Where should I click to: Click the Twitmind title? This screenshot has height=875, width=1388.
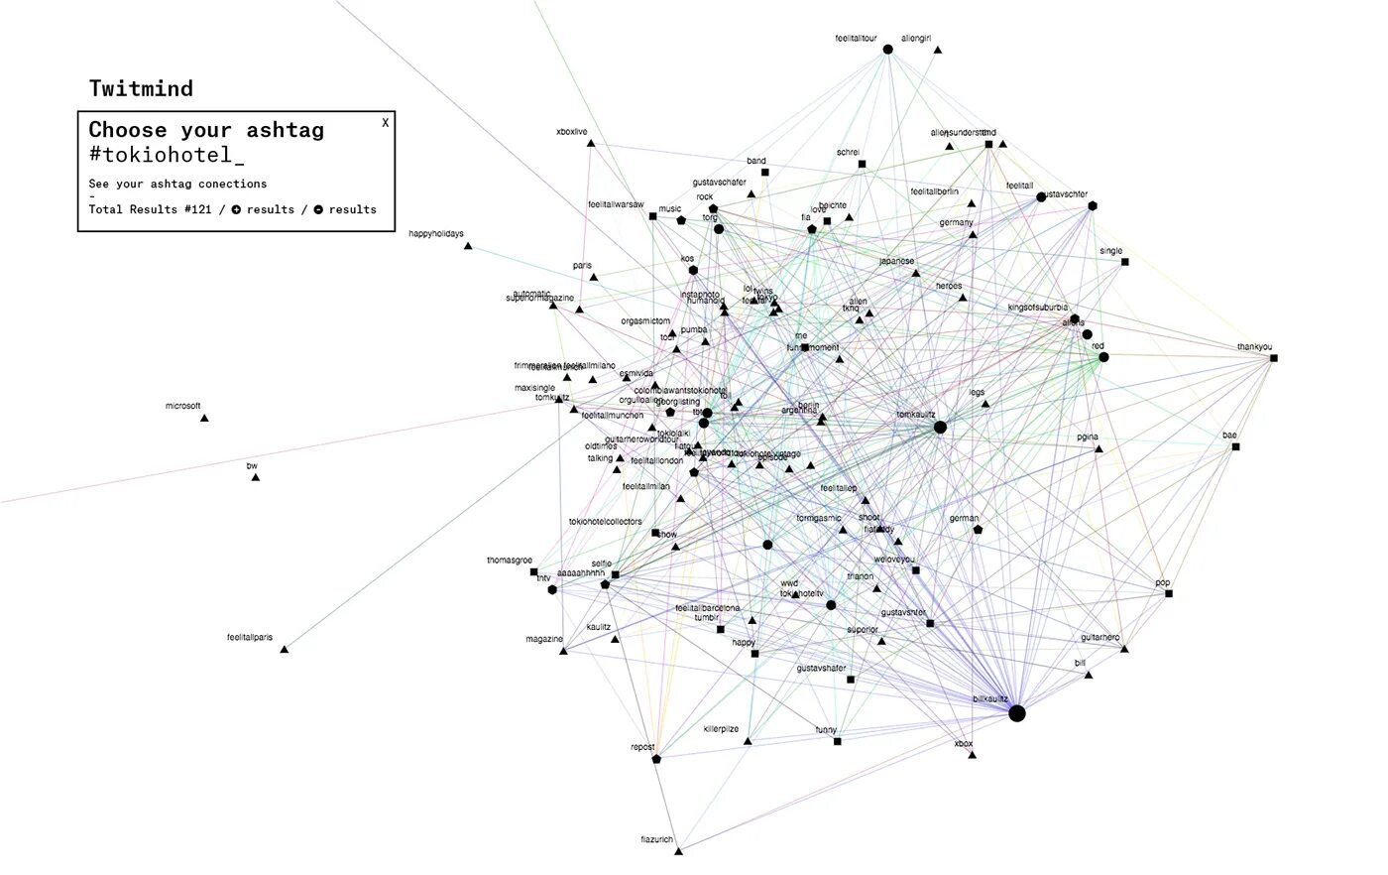[x=141, y=88]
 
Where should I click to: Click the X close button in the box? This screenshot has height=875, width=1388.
[x=386, y=123]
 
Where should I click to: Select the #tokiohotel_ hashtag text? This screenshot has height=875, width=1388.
[x=166, y=155]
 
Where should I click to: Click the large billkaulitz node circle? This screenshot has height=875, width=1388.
[x=1016, y=713]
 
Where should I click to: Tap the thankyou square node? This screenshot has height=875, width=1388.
[x=1274, y=358]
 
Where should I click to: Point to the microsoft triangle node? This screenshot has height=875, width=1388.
[x=204, y=419]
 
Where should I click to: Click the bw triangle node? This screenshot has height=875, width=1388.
[x=255, y=477]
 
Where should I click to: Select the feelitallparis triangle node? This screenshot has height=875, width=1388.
[x=284, y=650]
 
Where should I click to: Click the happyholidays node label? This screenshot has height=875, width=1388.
[x=435, y=234]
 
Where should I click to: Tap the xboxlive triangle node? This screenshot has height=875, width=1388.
[x=591, y=144]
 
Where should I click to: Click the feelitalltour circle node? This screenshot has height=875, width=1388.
[x=887, y=50]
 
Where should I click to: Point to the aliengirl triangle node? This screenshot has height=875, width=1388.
[x=937, y=50]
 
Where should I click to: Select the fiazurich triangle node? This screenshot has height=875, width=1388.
[x=679, y=850]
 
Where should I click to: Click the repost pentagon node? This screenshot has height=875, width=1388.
[x=656, y=759]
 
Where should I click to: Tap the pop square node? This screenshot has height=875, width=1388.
[x=1169, y=594]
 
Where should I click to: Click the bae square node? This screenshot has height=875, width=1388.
[x=1235, y=447]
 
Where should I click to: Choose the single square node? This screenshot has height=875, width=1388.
[x=1124, y=262]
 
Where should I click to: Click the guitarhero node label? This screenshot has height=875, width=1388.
[x=1099, y=638]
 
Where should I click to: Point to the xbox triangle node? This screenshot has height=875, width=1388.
[x=972, y=755]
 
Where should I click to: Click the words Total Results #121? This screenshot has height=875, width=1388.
[x=150, y=209]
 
